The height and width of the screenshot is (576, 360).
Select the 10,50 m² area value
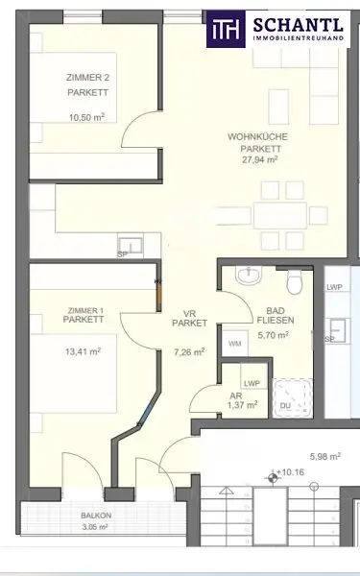(85, 117)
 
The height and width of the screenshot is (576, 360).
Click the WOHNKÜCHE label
(257, 137)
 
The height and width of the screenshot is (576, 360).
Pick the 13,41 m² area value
(84, 351)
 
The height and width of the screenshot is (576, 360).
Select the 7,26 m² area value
(187, 352)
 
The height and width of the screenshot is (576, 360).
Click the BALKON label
(95, 516)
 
